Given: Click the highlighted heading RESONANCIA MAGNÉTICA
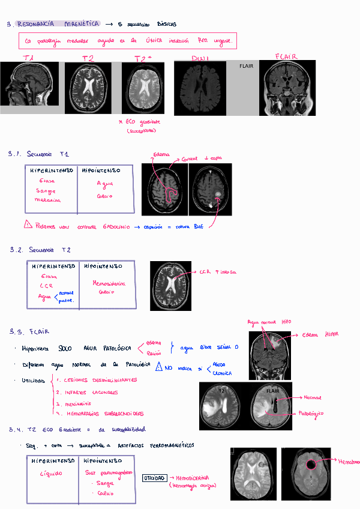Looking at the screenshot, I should (x=58, y=24).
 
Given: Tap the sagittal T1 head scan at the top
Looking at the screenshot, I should (x=29, y=84).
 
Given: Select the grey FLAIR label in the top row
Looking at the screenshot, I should (x=246, y=65).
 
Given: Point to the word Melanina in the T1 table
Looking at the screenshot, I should (x=47, y=200).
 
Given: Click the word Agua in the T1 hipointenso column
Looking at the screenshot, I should (x=105, y=184).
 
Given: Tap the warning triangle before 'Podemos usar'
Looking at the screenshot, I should (x=28, y=225).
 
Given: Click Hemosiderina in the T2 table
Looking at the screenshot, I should (x=109, y=283).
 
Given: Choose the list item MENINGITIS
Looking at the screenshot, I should (x=81, y=404).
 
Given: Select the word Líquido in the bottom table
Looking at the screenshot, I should (x=50, y=474).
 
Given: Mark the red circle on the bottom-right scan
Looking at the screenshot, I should (x=311, y=464).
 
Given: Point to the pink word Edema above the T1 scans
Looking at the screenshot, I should (x=161, y=154).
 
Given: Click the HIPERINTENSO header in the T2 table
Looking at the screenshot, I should (x=53, y=266).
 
